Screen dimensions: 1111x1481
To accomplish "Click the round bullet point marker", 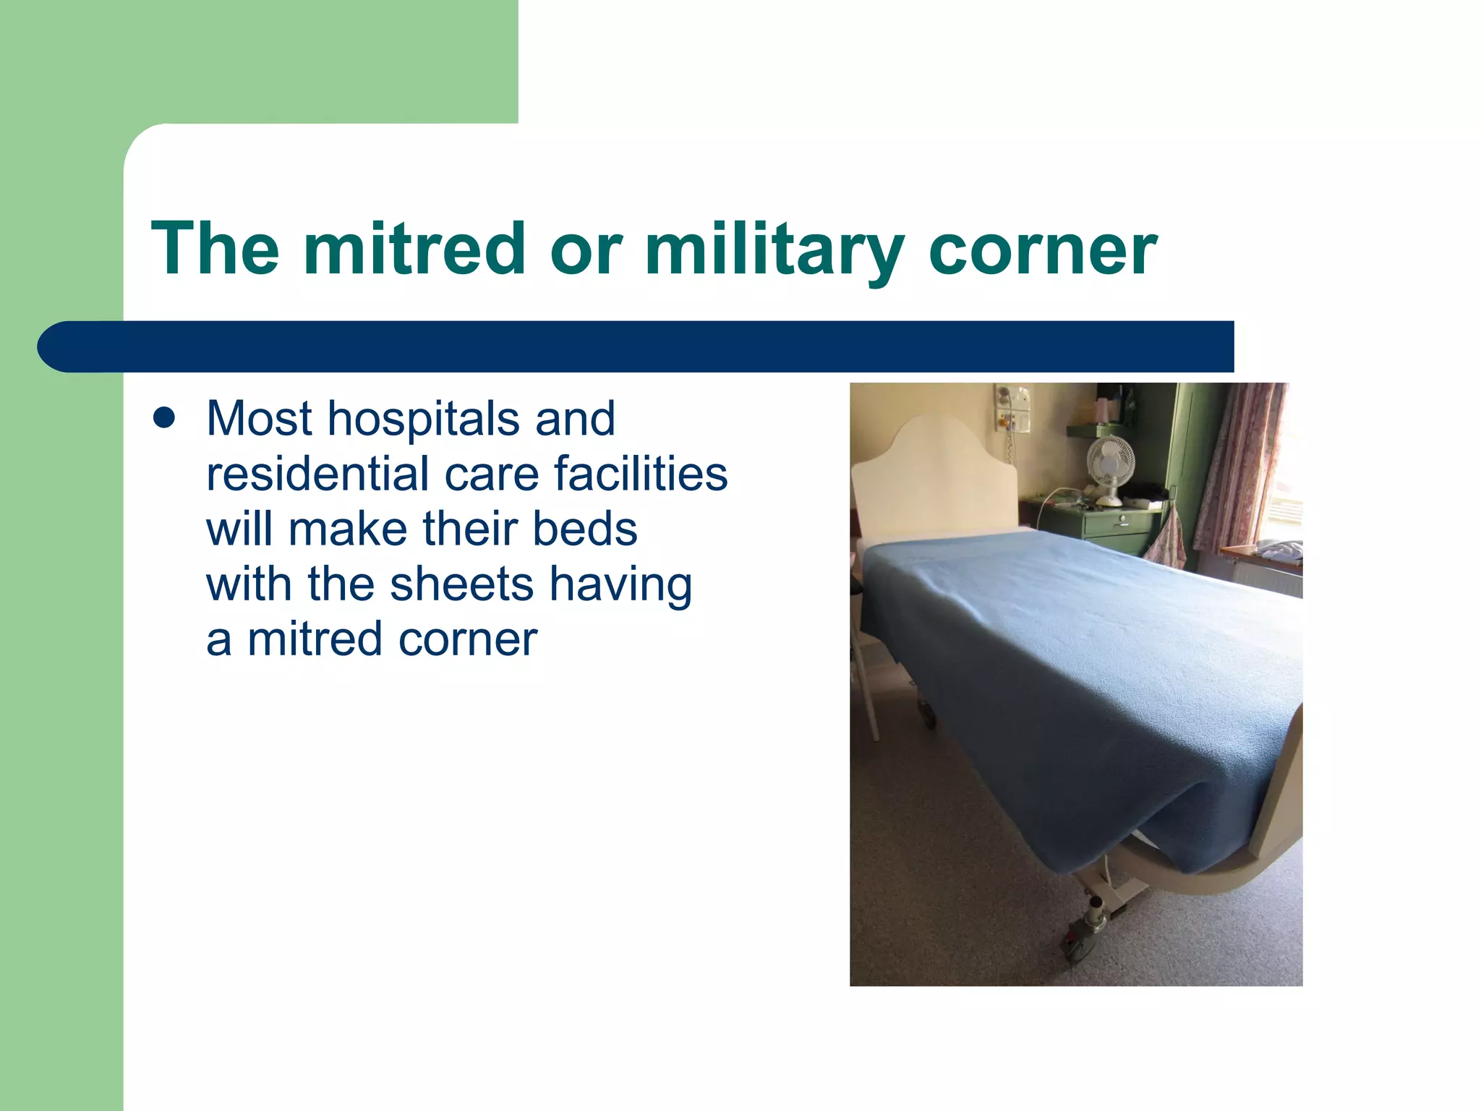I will (164, 418).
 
